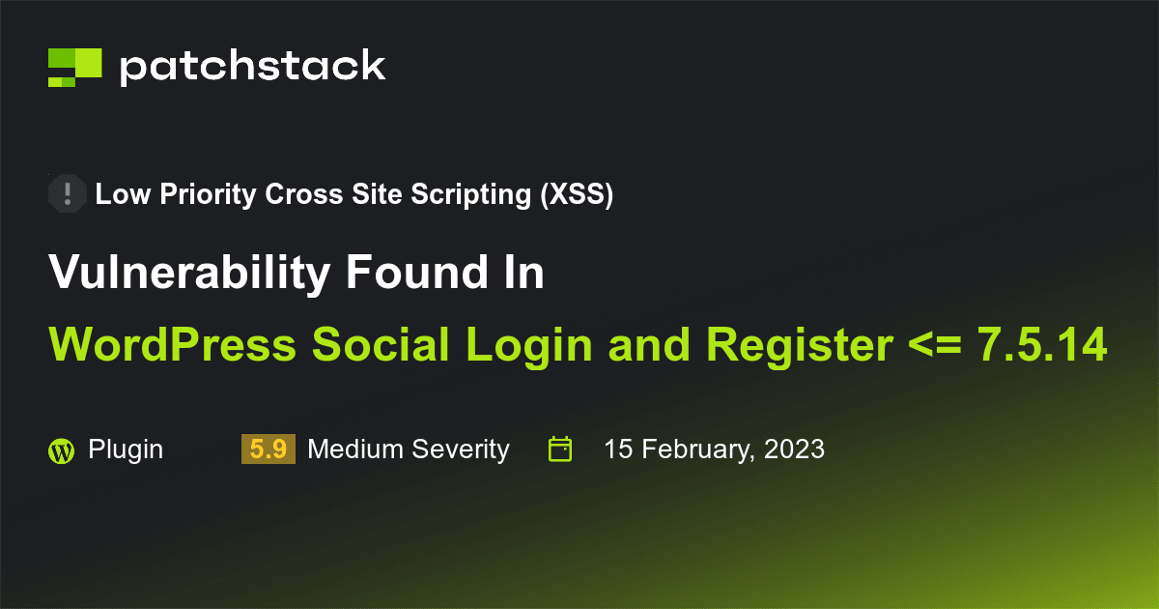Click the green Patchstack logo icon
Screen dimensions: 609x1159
(x=74, y=67)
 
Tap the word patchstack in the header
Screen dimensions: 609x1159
(x=252, y=67)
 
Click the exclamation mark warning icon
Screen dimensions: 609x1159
(x=67, y=194)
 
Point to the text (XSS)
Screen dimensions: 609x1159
(x=577, y=195)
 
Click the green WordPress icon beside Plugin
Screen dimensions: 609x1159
(x=61, y=450)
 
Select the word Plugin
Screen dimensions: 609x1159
(x=126, y=449)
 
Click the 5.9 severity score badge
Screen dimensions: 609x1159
(x=268, y=449)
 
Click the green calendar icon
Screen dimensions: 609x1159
(x=560, y=449)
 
